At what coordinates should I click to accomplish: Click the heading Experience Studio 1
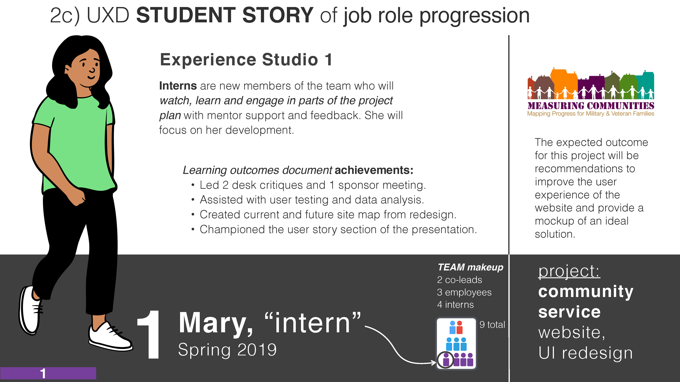tap(246, 60)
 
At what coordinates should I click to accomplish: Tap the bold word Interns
tap(178, 86)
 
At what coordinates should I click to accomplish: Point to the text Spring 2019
tap(227, 350)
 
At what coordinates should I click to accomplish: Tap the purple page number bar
tap(48, 373)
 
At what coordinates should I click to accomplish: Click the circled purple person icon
tap(446, 359)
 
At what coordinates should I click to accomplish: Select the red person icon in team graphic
tap(460, 327)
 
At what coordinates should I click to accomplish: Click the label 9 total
tap(492, 325)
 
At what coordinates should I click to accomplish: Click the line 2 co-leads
tap(460, 280)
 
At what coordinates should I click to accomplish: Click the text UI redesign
tap(585, 353)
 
